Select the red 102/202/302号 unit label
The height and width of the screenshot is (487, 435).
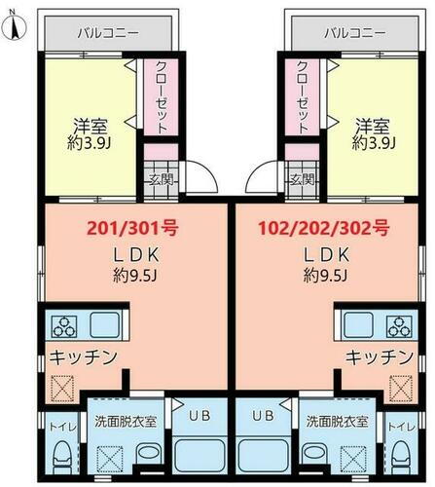coord(325,230)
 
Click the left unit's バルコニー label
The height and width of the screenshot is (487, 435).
coord(108,32)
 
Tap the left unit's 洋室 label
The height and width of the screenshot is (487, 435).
coord(90,127)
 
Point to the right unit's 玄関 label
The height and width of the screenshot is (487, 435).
coord(302,179)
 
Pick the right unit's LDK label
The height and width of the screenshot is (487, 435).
coord(325,255)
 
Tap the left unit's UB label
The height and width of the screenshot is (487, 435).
coord(196,415)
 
